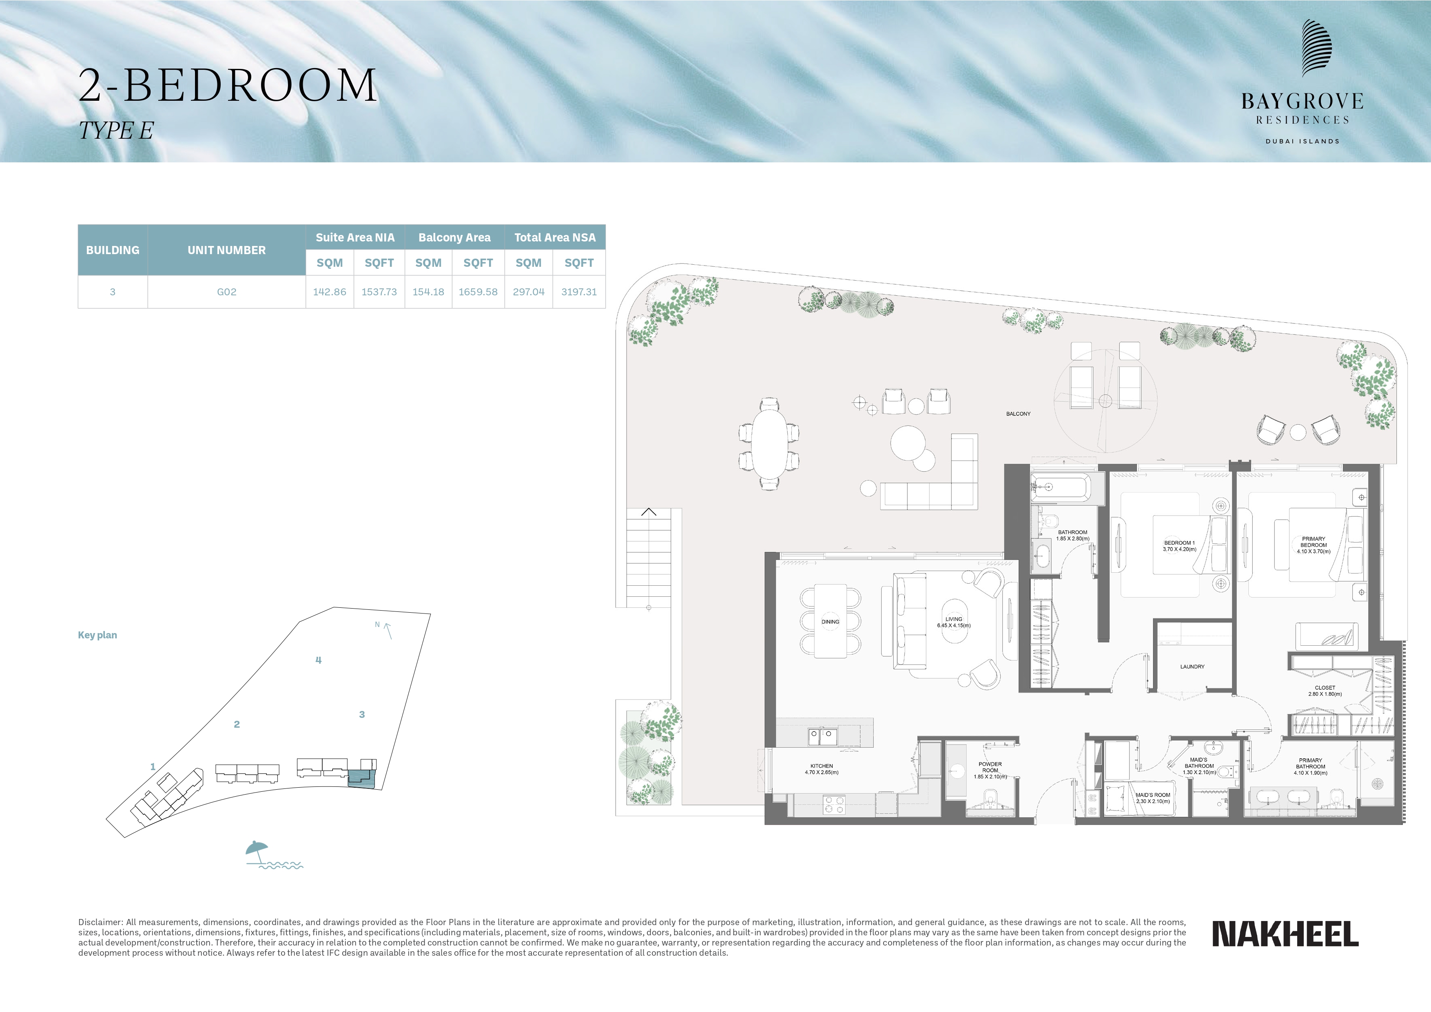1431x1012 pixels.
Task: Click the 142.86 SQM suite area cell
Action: click(x=329, y=292)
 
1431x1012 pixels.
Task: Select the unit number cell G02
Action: click(x=226, y=292)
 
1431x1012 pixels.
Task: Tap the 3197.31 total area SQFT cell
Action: click(x=579, y=292)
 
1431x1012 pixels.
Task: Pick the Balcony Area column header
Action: click(x=454, y=237)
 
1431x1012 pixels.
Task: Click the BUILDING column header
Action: click(x=113, y=250)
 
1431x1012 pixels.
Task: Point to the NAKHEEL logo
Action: click(x=1285, y=934)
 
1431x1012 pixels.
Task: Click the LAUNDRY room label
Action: click(x=1192, y=667)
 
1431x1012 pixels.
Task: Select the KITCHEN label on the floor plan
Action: click(x=822, y=769)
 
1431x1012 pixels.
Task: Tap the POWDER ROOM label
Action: click(x=990, y=770)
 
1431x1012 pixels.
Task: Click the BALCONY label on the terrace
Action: click(x=1019, y=414)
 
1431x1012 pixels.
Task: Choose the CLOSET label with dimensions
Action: click(x=1325, y=691)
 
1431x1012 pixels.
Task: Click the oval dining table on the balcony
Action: click(x=769, y=443)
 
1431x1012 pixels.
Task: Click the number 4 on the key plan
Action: click(x=319, y=660)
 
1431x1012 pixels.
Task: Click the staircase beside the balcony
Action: click(x=649, y=558)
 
